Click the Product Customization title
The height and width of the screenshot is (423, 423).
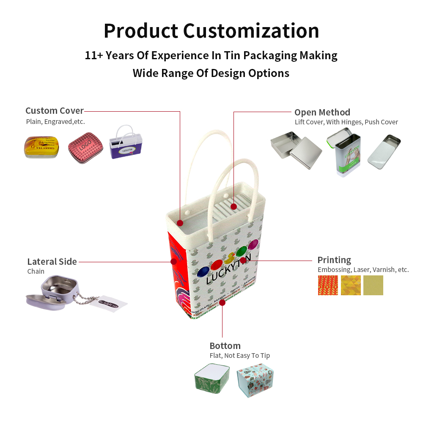(211, 30)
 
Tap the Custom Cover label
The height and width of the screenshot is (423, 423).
(55, 111)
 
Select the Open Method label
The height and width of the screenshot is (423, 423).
(322, 112)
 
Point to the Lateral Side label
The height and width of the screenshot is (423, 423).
(52, 261)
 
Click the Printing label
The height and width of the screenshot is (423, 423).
(334, 260)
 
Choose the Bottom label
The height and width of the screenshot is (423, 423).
(225, 346)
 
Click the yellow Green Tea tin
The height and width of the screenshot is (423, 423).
(41, 147)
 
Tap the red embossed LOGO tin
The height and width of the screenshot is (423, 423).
(86, 148)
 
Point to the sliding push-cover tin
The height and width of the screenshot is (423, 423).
(384, 151)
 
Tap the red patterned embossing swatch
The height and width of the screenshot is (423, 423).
(328, 286)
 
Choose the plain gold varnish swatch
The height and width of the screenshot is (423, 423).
(373, 286)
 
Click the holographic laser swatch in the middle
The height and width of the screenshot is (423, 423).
(351, 286)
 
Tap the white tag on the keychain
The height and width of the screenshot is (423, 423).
(112, 302)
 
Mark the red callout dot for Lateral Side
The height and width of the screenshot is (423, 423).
(173, 262)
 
